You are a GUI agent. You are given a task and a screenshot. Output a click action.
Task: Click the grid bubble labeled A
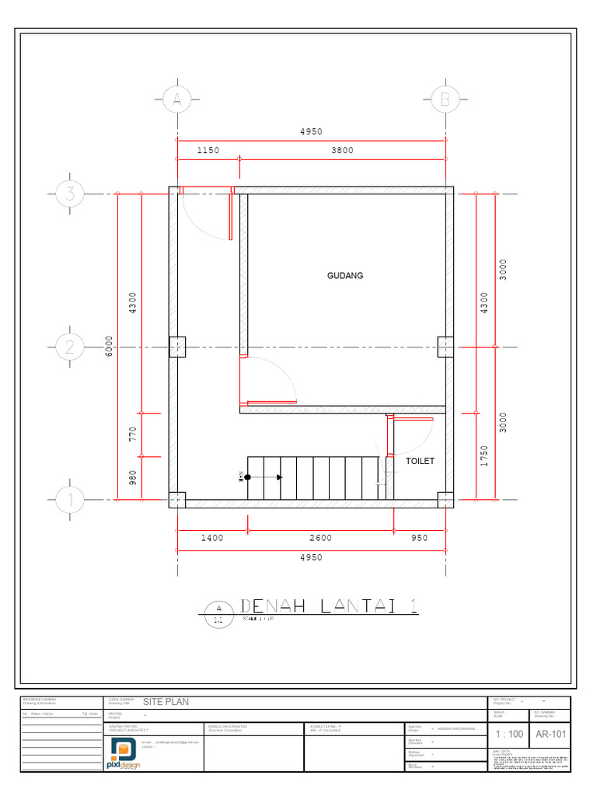point(177,99)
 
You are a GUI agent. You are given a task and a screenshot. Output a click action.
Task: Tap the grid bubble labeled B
point(445,99)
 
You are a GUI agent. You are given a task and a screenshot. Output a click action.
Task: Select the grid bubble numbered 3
point(69,194)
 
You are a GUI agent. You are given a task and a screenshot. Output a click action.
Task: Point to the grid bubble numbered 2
point(69,347)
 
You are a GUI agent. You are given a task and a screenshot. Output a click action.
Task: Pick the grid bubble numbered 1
point(69,501)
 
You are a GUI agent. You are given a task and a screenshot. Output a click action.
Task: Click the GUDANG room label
point(345,276)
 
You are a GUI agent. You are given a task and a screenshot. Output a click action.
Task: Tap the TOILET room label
point(420,461)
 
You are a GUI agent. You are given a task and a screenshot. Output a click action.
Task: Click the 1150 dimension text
point(208,150)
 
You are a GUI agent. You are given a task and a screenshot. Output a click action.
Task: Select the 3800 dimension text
point(342,150)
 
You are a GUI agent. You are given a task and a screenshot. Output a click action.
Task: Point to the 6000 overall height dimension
point(110,347)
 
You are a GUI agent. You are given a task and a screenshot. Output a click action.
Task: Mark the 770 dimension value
point(133,434)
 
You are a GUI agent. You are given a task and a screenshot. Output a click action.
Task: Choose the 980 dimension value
point(133,477)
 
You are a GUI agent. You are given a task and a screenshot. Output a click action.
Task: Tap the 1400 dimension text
point(211,538)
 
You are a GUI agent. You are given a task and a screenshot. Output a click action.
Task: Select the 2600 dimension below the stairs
point(320,538)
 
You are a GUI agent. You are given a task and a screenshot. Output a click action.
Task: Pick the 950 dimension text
point(419,538)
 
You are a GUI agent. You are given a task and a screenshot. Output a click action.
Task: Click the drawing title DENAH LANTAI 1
point(329,606)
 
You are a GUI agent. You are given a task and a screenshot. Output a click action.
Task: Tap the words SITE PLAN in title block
point(166,702)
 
